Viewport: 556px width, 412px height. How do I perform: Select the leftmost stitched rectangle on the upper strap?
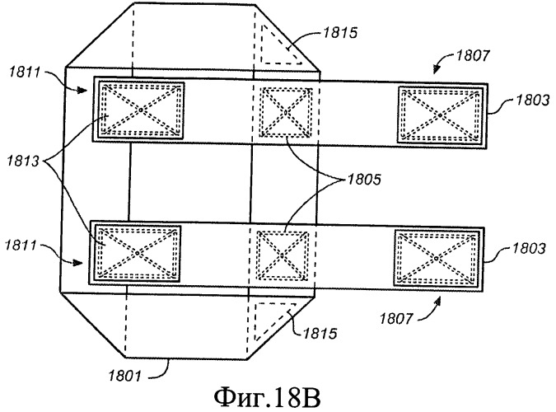(139, 109)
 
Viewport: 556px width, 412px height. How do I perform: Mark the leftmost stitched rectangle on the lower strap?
(138, 250)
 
